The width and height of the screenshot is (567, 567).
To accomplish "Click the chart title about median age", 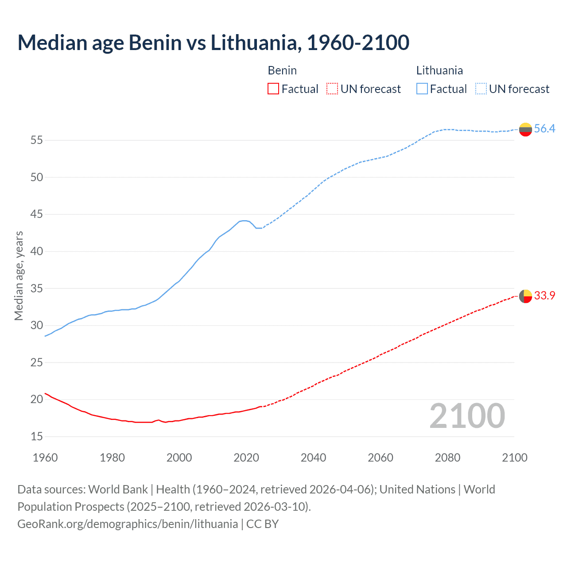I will pyautogui.click(x=213, y=43).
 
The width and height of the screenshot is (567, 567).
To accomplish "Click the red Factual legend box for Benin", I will pyautogui.click(x=273, y=89).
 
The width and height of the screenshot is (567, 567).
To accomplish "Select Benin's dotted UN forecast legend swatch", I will pyautogui.click(x=332, y=89).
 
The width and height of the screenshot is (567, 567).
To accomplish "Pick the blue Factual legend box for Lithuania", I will pyautogui.click(x=422, y=89).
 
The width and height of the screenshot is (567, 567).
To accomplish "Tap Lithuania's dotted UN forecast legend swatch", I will pyautogui.click(x=481, y=89).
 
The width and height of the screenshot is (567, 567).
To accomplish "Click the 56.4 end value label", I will pyautogui.click(x=544, y=129).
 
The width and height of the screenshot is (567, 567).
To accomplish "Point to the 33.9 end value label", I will pyautogui.click(x=544, y=296).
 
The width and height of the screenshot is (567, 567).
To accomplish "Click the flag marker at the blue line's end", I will pyautogui.click(x=525, y=129).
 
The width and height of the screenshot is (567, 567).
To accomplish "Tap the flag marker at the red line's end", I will pyautogui.click(x=525, y=296).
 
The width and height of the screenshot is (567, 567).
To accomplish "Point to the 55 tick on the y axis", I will pyautogui.click(x=37, y=140).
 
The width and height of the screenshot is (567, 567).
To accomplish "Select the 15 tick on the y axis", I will pyautogui.click(x=37, y=437).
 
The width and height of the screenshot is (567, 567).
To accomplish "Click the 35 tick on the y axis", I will pyautogui.click(x=37, y=289).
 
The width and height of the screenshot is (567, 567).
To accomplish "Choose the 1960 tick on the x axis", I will pyautogui.click(x=45, y=458).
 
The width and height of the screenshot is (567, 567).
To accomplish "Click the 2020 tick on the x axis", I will pyautogui.click(x=246, y=458).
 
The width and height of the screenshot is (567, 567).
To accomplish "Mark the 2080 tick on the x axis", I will pyautogui.click(x=447, y=458).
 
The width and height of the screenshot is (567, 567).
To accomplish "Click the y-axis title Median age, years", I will pyautogui.click(x=19, y=276).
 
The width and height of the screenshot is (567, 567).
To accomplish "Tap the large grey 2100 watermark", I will pyautogui.click(x=467, y=416).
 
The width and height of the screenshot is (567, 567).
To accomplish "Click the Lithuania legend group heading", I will pyautogui.click(x=439, y=70).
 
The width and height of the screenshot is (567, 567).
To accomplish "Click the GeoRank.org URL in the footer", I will pyautogui.click(x=128, y=524).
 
